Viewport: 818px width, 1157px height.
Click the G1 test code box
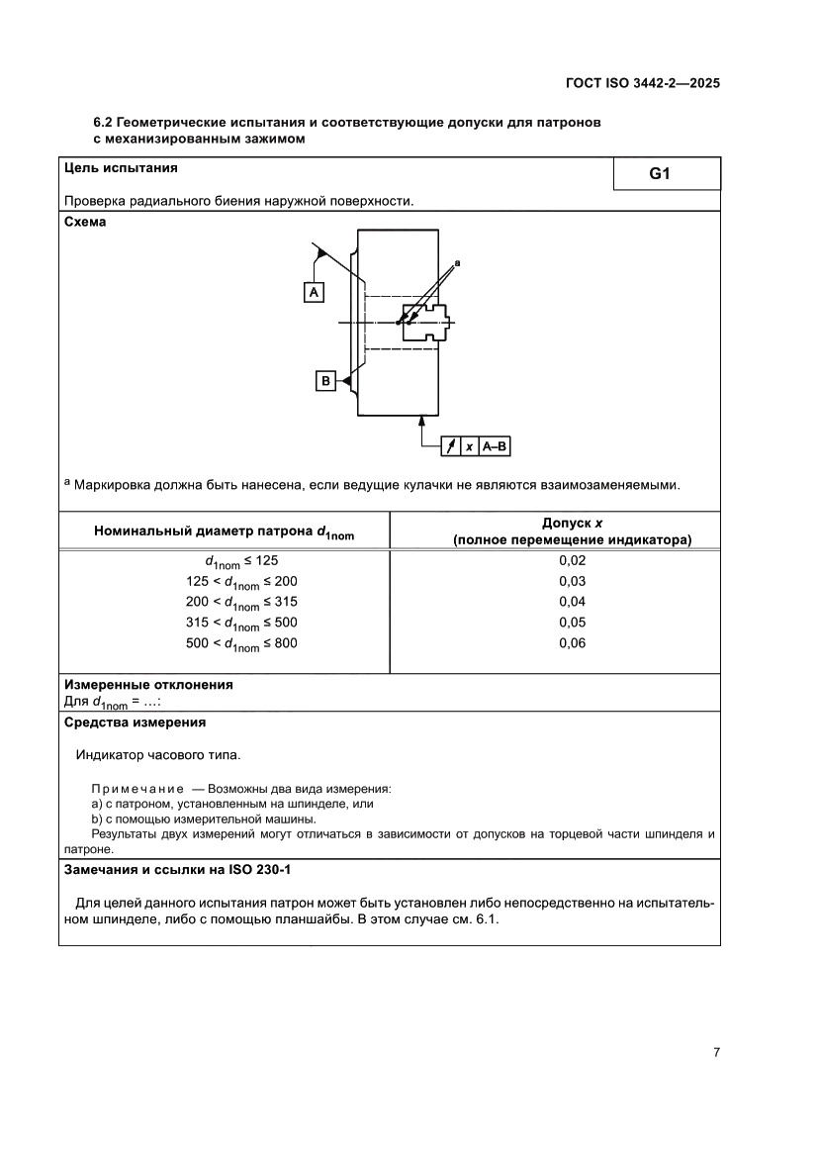click(660, 174)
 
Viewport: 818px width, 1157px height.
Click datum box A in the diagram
click(314, 293)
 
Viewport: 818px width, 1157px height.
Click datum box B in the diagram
click(324, 380)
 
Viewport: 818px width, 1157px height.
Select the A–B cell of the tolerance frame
click(495, 447)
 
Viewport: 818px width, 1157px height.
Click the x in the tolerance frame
click(469, 447)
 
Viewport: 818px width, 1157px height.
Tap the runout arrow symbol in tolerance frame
click(450, 447)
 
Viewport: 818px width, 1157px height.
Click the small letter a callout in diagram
click(457, 263)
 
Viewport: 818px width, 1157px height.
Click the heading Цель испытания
click(121, 168)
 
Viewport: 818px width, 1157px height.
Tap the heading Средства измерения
click(135, 723)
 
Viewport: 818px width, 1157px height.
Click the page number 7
click(715, 1052)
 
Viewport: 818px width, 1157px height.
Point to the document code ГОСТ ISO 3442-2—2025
click(642, 84)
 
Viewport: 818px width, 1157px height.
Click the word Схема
click(85, 223)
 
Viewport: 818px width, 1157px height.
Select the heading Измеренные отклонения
click(148, 684)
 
